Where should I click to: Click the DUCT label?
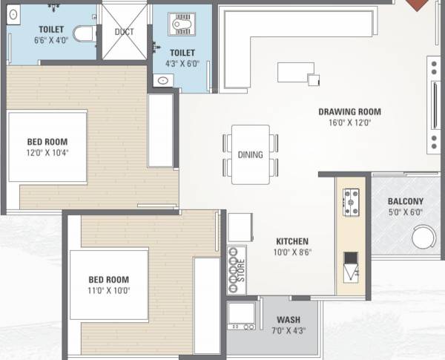[124, 32]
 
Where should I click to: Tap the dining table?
[250, 154]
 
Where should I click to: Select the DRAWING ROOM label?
[349, 112]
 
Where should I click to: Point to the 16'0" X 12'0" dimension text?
[349, 123]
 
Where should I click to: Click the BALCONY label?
[406, 201]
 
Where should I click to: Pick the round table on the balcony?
[424, 238]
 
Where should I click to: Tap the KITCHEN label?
[292, 241]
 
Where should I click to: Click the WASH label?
[288, 321]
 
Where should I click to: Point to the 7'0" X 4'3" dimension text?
[288, 331]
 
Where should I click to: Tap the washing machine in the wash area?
[242, 315]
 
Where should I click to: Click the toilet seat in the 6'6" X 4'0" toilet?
[84, 33]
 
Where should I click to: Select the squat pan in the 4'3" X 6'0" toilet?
[181, 26]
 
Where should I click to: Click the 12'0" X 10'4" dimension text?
[47, 153]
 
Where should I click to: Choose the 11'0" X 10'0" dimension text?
[108, 291]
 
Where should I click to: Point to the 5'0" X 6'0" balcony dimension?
[406, 212]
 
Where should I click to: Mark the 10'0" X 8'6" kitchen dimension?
[292, 252]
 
